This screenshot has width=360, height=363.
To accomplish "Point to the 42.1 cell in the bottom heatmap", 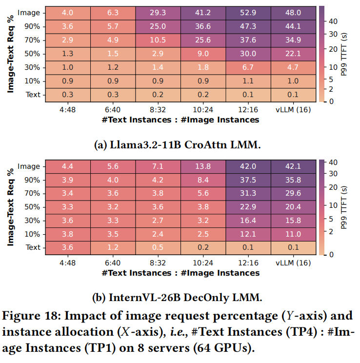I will point(293,166).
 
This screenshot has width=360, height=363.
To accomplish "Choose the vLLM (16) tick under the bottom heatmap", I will point(293,262).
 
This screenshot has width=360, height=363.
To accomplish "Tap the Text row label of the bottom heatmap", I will point(33,247).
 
